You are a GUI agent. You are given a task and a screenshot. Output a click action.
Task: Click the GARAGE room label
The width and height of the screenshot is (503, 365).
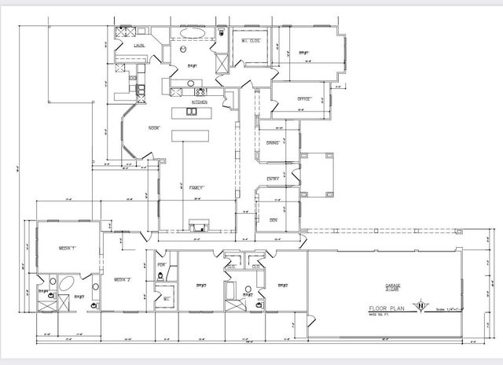coord(393,286)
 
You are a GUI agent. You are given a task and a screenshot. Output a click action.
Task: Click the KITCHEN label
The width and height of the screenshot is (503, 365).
coord(200,102)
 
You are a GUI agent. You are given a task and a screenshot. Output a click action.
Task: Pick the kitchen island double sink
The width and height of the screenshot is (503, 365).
coord(192,112)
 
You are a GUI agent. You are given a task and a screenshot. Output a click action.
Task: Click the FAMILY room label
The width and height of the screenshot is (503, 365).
coord(196,188)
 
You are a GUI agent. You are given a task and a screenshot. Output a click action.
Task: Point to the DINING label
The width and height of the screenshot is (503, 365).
coord(273,142)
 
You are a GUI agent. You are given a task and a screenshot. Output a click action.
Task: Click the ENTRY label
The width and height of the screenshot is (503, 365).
coord(273,179)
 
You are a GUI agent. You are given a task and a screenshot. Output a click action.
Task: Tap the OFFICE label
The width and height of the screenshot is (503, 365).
coord(304,99)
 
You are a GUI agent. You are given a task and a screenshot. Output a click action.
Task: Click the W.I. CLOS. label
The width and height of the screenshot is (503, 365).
coord(250,41)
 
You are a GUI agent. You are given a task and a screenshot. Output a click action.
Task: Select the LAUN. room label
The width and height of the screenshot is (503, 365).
coord(138,46)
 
